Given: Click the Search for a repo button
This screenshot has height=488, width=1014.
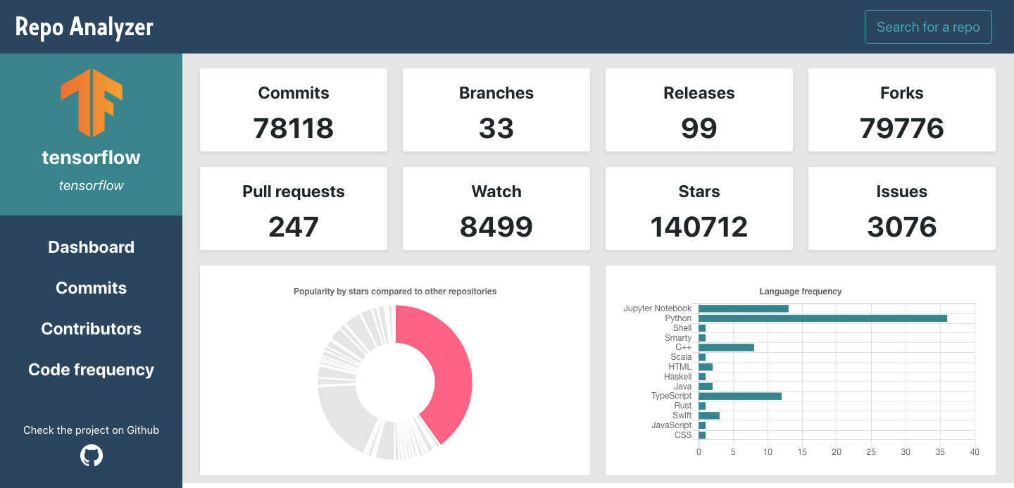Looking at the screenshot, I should coord(928,27).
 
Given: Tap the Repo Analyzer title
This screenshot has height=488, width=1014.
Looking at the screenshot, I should coord(84,27).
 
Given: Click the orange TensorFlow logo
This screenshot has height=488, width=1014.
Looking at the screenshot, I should coord(92,102).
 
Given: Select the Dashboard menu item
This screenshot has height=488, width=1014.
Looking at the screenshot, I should coord(92,247).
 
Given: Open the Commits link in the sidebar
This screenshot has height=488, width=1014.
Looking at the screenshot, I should coord(92,288).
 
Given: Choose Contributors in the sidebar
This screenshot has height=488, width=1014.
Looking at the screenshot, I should coord(92,329).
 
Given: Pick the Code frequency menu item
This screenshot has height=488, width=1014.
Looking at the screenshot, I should coord(92,370).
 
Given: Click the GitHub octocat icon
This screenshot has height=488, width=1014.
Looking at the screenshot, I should coord(92,456).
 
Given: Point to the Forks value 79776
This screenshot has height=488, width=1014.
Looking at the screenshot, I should coord(901,128).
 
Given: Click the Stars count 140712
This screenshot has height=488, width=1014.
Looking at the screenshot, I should coord(699,227).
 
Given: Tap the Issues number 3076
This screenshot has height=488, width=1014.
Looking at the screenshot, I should coord(901,227).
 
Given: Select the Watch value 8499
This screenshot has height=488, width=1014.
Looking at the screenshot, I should coord(496,227).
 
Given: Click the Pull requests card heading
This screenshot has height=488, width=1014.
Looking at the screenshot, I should coord(294,192).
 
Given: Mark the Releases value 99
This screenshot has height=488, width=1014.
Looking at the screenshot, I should coord(699,128).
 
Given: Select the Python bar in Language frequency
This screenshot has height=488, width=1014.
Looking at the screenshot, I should coord(822,318).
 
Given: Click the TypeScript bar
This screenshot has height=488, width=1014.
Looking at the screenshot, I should coord(739,396).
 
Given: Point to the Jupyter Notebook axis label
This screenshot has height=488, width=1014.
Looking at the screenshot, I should coord(657,308).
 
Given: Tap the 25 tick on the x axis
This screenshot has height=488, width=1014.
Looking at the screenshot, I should coord(871,451).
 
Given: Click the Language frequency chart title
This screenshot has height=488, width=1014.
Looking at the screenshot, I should coord(801,292).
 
